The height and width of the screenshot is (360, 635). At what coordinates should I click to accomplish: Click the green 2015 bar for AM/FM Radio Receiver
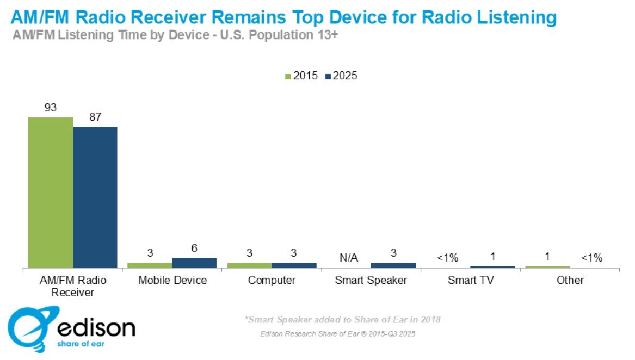tap(51, 193)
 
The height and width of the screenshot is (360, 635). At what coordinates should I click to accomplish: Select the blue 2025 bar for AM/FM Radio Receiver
tap(95, 197)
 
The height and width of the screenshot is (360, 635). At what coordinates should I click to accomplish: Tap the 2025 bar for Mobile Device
tap(194, 263)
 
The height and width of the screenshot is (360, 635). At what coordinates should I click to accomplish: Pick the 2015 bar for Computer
tap(249, 265)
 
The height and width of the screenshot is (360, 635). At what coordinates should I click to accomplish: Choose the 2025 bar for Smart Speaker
tap(393, 265)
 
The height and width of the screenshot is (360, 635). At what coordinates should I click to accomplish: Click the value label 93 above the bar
tap(51, 108)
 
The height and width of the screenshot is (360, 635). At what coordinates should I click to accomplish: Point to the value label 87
tap(95, 117)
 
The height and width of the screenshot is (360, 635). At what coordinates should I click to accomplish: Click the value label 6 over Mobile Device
tap(194, 248)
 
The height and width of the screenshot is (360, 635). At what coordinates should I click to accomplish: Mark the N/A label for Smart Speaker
tap(348, 258)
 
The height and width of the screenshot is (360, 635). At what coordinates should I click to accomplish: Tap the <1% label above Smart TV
tap(448, 258)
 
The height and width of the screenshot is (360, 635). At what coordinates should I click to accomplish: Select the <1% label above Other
tap(591, 258)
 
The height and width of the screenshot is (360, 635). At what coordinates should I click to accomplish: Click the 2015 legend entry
tap(301, 76)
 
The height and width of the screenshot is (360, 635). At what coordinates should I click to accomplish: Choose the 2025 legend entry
tap(341, 76)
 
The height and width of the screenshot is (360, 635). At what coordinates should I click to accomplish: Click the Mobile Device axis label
tap(172, 281)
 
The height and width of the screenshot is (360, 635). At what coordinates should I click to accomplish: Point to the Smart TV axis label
tap(470, 281)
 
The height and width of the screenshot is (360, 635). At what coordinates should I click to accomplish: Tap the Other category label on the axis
tap(570, 281)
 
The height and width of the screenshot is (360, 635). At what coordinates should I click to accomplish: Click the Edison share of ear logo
tap(71, 328)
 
